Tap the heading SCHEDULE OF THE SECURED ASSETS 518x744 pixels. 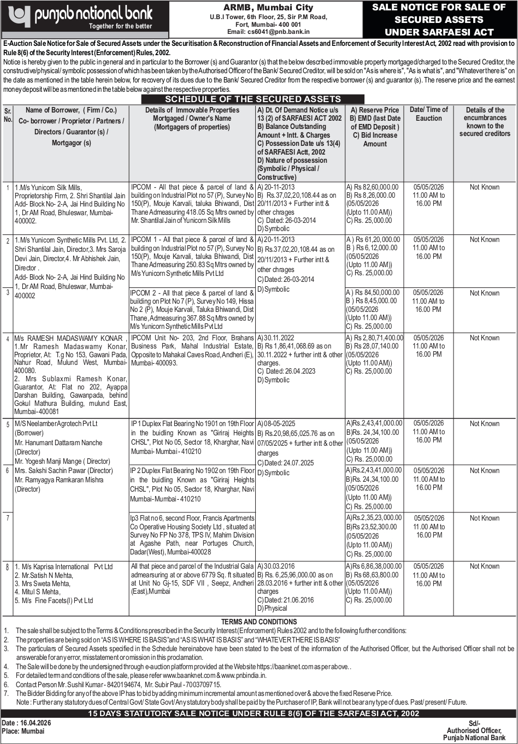click(253, 99)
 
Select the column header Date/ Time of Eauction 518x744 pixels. click(428, 114)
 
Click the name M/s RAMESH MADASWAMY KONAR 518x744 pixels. click(70, 338)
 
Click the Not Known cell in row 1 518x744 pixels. click(484, 187)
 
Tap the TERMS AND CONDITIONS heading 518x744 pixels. click(259, 622)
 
